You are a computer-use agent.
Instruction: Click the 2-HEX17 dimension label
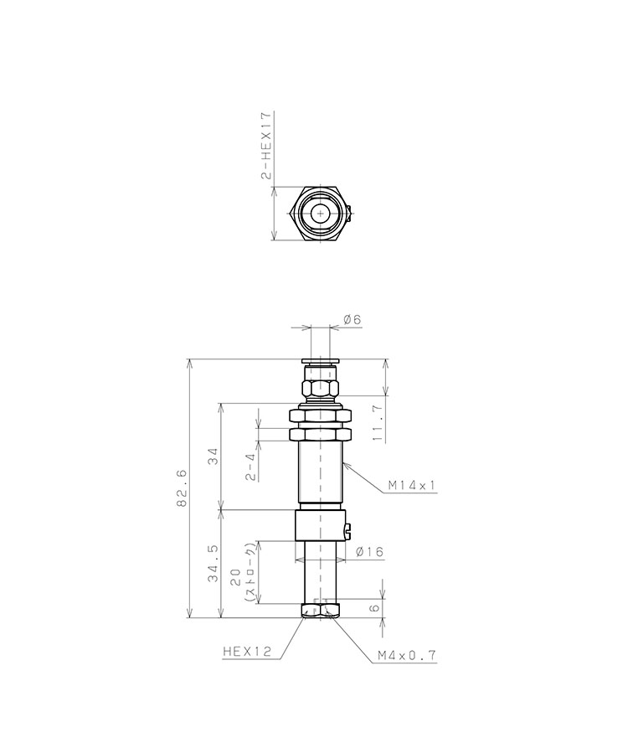click(266, 146)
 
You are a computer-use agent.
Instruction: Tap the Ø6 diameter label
click(352, 319)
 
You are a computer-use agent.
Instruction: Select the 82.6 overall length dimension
click(182, 489)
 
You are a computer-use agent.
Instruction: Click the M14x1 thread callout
click(412, 485)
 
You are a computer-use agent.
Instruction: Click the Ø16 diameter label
click(369, 552)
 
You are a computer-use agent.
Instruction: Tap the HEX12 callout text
click(247, 651)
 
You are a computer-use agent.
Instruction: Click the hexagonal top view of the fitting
click(319, 214)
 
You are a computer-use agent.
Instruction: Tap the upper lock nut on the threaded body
click(319, 415)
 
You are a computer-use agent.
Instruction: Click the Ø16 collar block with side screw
click(319, 528)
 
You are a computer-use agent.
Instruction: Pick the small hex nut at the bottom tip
click(319, 611)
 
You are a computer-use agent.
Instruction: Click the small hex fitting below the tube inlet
click(319, 389)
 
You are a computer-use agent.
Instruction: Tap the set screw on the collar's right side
click(349, 529)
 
